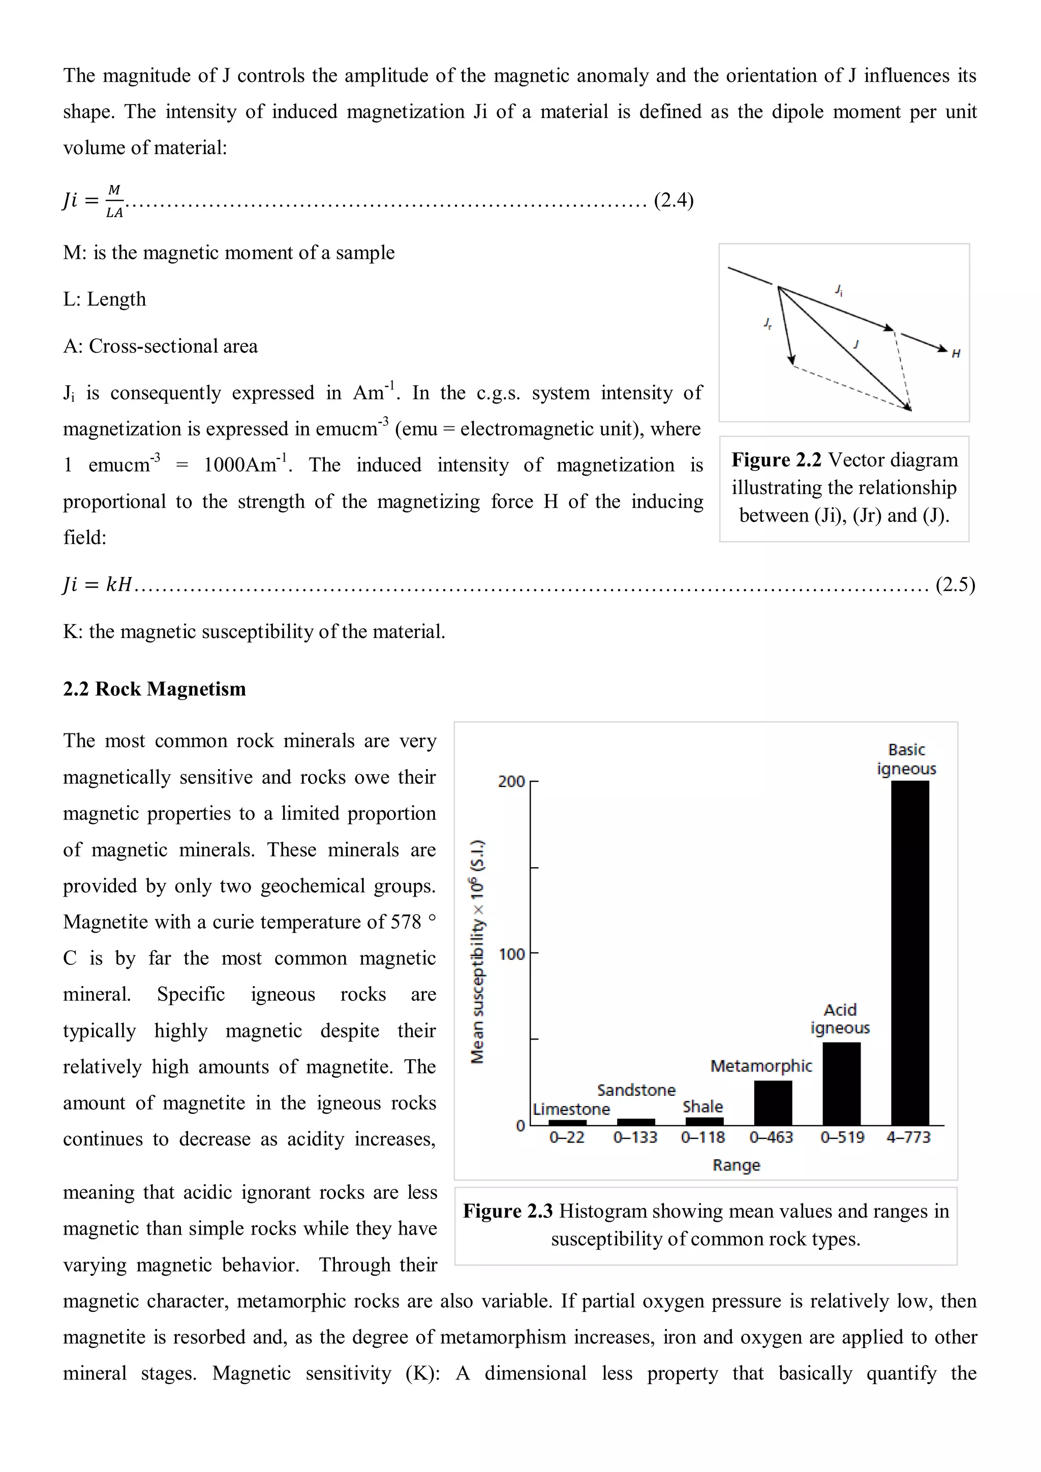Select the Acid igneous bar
click(841, 1084)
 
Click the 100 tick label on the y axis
click(511, 954)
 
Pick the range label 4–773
click(908, 1138)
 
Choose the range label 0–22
click(567, 1138)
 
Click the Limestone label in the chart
click(571, 1109)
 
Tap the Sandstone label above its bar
click(636, 1090)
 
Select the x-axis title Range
click(736, 1165)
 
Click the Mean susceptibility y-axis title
click(478, 952)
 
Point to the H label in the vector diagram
click(955, 353)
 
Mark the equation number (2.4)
click(673, 200)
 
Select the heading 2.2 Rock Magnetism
click(155, 689)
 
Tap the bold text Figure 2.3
click(507, 1211)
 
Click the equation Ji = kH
click(98, 584)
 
